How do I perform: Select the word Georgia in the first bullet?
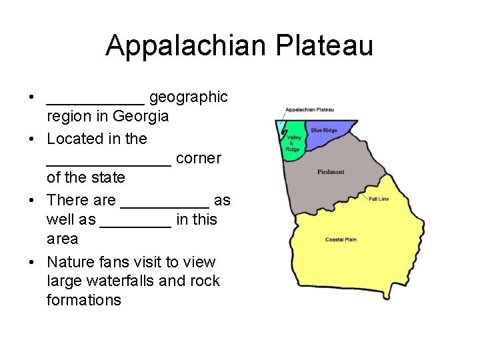pyautogui.click(x=141, y=116)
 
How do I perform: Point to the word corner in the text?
pyautogui.click(x=199, y=159)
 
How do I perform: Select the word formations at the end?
pyautogui.click(x=84, y=300)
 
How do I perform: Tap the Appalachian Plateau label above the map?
pyautogui.click(x=309, y=109)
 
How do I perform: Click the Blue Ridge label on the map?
pyautogui.click(x=324, y=131)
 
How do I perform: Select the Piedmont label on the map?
pyautogui.click(x=331, y=172)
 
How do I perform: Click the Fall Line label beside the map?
pyautogui.click(x=379, y=199)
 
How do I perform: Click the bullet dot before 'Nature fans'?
pyautogui.click(x=32, y=262)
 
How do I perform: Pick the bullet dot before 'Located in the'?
pyautogui.click(x=32, y=139)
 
